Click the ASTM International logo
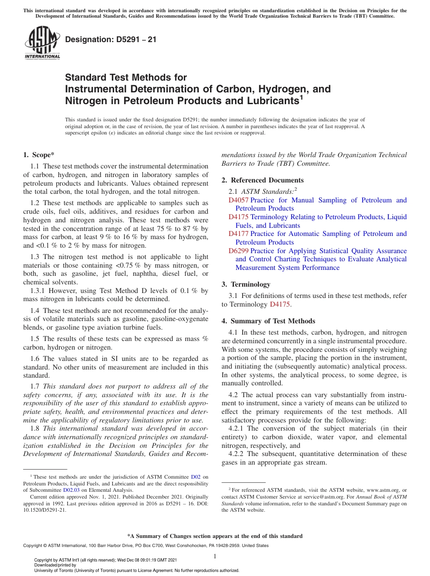tap(42, 43)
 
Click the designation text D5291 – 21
tap(111, 39)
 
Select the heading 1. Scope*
tap(39, 155)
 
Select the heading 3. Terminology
tap(246, 284)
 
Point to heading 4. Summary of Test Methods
tap(268, 321)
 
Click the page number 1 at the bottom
tap(215, 556)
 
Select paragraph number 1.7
tap(35, 386)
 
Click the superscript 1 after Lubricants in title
tap(301, 97)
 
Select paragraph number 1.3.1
tap(38, 291)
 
